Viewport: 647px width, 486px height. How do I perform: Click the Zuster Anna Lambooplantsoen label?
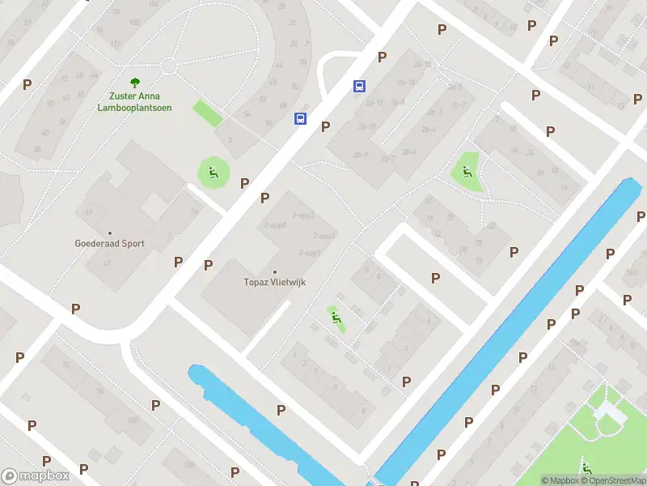click(134, 102)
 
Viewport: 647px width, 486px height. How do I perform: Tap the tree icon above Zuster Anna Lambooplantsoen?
click(134, 82)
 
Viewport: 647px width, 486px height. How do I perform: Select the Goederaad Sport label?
click(109, 243)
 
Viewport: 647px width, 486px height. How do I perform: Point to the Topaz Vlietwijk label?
click(275, 283)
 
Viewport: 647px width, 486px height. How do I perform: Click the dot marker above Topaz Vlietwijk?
click(275, 272)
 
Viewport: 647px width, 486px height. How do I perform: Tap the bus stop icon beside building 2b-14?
click(359, 86)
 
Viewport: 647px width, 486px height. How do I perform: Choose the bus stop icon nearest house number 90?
click(300, 118)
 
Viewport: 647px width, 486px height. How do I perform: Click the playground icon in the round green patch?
click(213, 171)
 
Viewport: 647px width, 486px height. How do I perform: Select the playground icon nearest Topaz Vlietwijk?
click(335, 318)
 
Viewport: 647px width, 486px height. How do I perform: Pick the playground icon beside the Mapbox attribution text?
click(586, 468)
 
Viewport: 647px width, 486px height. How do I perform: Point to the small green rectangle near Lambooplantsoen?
click(207, 113)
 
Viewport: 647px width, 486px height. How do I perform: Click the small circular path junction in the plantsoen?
click(168, 66)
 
